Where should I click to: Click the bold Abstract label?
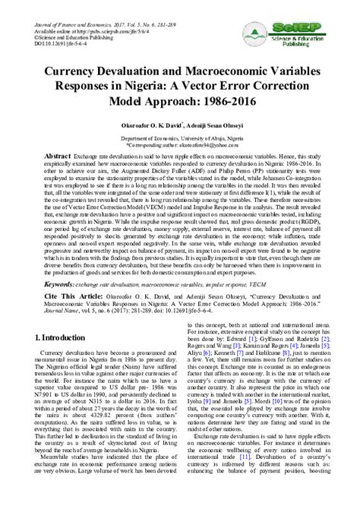pos(44,153)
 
